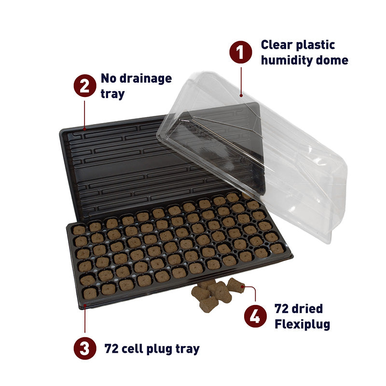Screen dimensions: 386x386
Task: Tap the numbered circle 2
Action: point(84,86)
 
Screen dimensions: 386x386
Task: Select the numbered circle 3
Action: point(84,348)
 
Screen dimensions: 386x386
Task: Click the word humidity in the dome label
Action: point(288,61)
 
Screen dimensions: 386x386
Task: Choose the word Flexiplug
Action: point(302,324)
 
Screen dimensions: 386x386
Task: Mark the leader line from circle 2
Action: point(85,113)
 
